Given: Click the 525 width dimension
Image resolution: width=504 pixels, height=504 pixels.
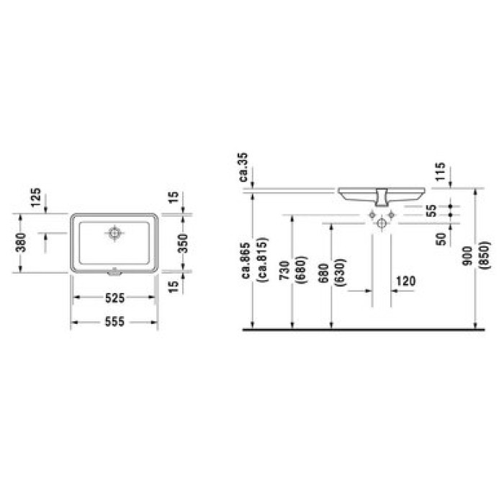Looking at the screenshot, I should (114, 297).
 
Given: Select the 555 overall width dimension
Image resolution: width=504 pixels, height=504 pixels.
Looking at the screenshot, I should (114, 322).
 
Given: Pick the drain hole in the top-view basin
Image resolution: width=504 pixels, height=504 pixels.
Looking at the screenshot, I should (114, 233).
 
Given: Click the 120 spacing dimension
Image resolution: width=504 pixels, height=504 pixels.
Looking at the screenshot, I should (405, 281).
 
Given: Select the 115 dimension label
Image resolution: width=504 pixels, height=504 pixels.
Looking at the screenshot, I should (441, 173).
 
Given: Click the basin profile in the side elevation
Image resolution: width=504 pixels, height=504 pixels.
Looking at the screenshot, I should (382, 194).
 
